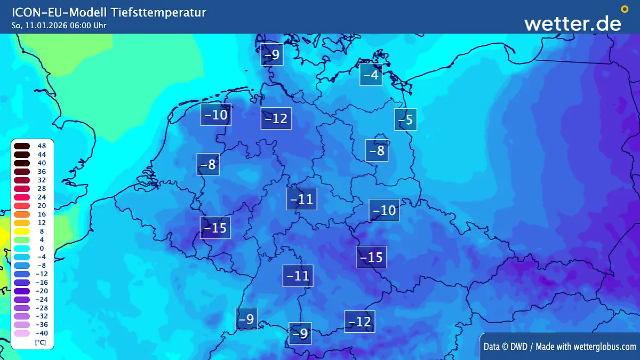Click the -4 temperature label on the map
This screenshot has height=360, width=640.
[x=371, y=75]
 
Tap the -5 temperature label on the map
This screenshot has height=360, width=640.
[x=406, y=119]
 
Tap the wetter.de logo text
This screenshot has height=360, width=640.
[x=572, y=23]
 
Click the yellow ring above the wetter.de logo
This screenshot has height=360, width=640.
[x=625, y=9]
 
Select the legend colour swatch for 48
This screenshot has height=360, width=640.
[x=22, y=146]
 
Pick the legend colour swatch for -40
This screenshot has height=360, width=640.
[x=22, y=333]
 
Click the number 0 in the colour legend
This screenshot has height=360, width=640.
[x=42, y=248]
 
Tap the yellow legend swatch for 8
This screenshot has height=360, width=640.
[x=22, y=231]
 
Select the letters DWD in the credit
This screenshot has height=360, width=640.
[x=516, y=347]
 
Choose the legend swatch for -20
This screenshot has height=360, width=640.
[x=22, y=291]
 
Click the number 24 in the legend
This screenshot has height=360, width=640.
[x=42, y=197]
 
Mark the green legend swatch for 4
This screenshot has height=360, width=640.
[x=22, y=240]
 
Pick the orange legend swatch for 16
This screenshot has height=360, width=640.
[x=22, y=214]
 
